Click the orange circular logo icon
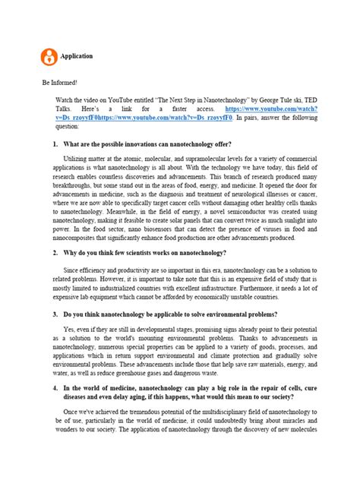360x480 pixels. [50, 56]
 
